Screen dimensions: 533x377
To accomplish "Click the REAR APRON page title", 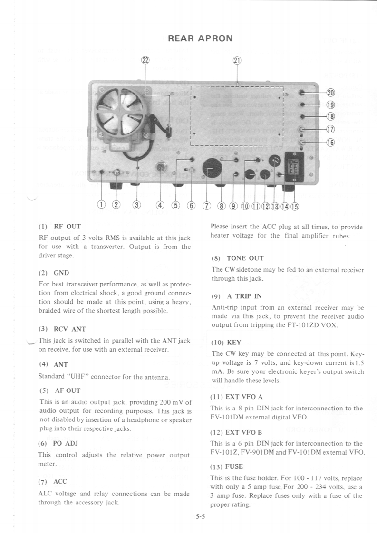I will coord(200,38).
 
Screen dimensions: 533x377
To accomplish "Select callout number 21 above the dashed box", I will coord(237,60).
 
